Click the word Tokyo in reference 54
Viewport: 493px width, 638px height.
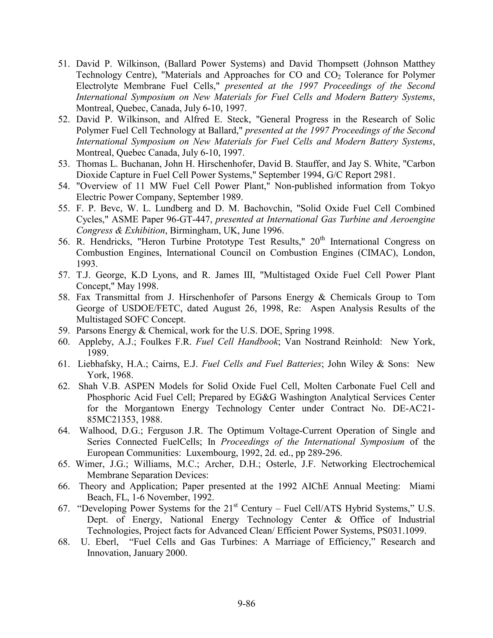(x=422, y=186)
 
